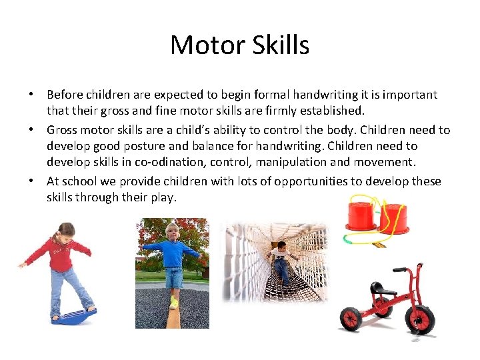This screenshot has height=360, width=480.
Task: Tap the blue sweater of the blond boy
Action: pyautogui.click(x=172, y=255)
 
